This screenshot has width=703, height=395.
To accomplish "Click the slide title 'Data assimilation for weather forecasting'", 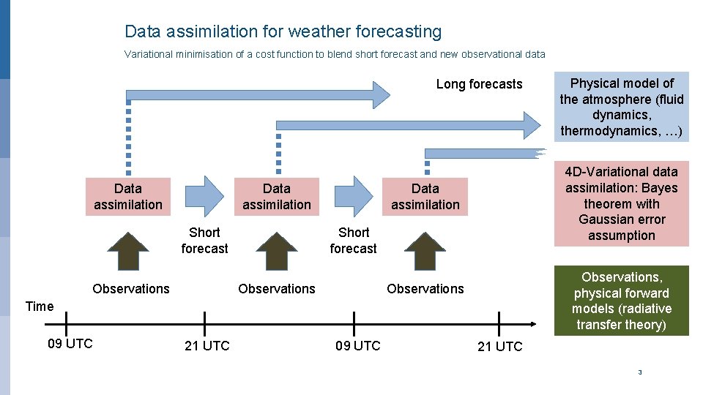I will (x=283, y=32).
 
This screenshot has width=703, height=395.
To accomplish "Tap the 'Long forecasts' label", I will (x=479, y=84).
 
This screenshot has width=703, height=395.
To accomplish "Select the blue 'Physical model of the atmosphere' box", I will (x=622, y=107).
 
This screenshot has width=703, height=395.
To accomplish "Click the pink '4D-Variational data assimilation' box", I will (x=622, y=203).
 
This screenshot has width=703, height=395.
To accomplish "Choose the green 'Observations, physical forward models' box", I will (x=622, y=301).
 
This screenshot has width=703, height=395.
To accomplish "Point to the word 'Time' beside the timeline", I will (x=40, y=306).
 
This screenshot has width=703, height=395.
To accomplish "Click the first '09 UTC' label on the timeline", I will (x=70, y=344).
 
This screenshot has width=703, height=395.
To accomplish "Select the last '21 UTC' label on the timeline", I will (x=500, y=347).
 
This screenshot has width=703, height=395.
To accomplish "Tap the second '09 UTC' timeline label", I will (x=358, y=346).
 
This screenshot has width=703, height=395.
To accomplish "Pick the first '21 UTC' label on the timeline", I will (x=207, y=346).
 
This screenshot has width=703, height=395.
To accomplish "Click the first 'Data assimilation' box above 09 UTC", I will (x=128, y=197).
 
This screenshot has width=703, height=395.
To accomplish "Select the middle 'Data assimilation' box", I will (x=277, y=197).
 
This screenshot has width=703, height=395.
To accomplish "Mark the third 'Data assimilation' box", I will (x=425, y=197).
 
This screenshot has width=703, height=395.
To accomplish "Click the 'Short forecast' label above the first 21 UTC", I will (x=204, y=241).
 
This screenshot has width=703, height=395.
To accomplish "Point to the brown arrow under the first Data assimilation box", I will (x=129, y=251).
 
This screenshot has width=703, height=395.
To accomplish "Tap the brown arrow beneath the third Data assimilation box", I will (x=425, y=251).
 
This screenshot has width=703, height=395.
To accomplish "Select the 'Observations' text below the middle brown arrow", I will (x=277, y=289).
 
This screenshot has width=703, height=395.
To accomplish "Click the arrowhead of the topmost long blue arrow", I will (x=382, y=94).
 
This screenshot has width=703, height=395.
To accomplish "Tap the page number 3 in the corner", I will (x=640, y=372).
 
